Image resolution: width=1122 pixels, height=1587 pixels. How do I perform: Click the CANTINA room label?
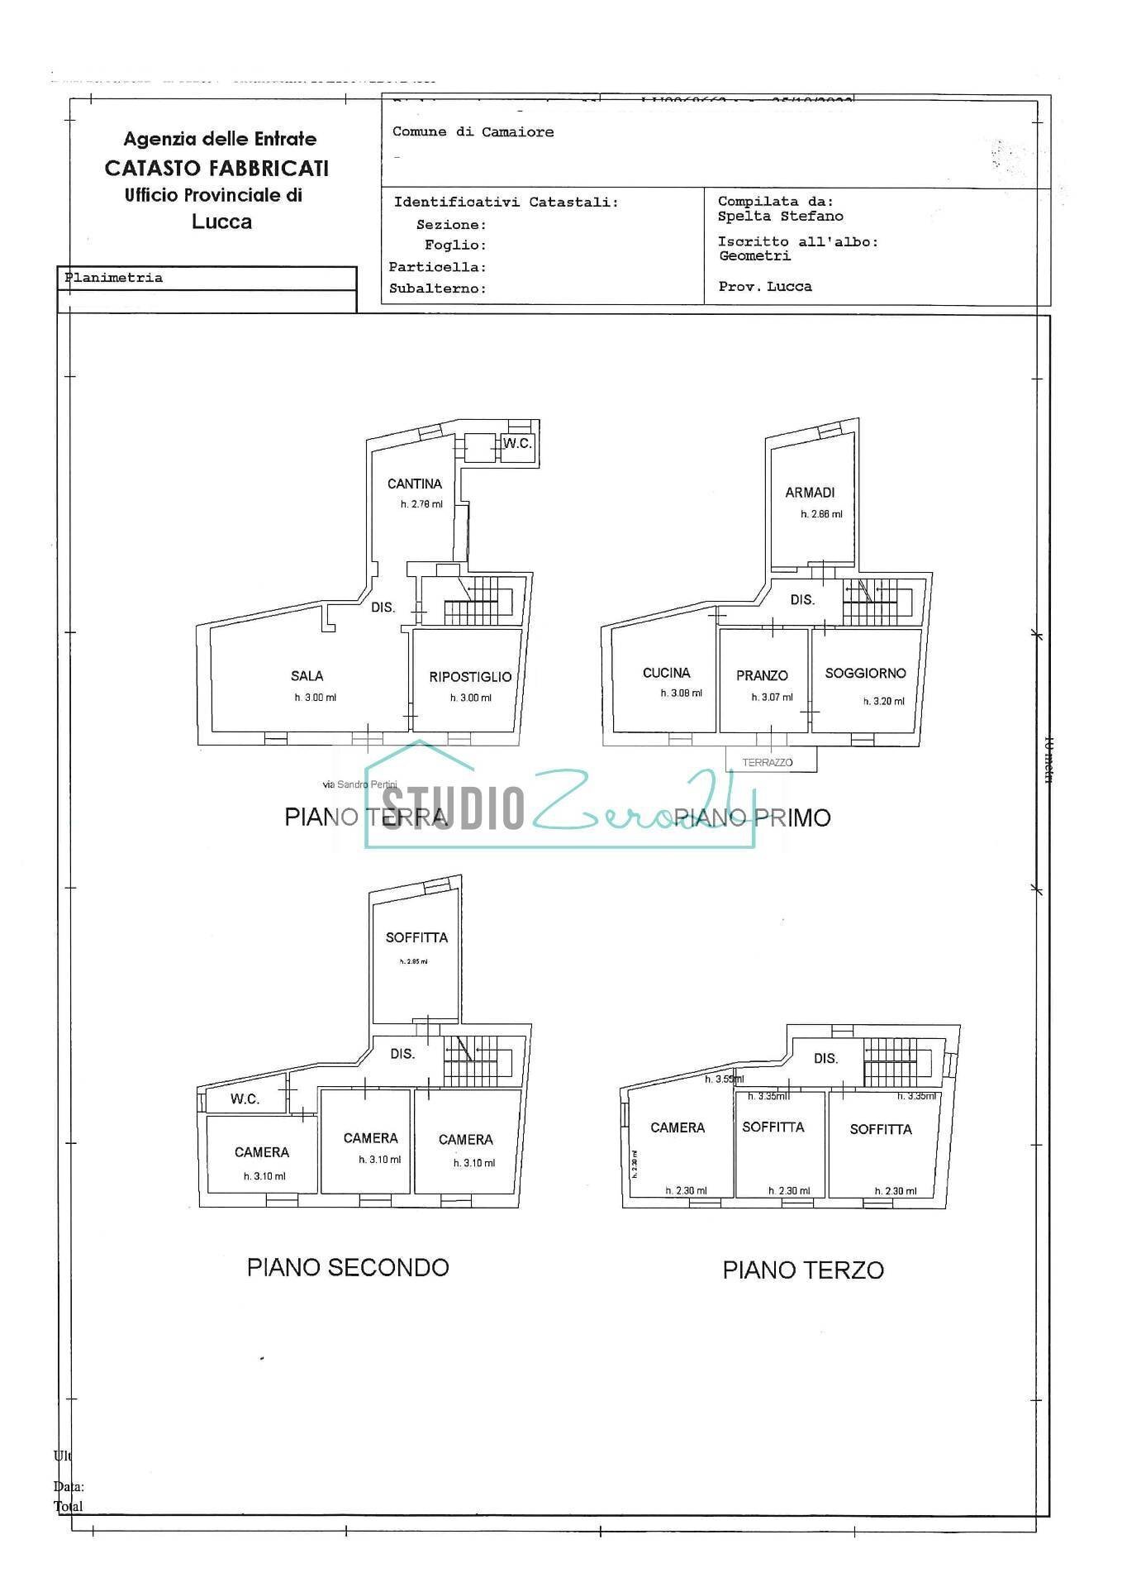pyautogui.click(x=415, y=484)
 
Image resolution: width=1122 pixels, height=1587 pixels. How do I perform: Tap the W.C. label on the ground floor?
pyautogui.click(x=517, y=444)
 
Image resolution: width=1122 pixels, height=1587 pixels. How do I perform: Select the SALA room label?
pyautogui.click(x=307, y=676)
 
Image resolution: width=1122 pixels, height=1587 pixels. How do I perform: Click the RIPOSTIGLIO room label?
pyautogui.click(x=470, y=677)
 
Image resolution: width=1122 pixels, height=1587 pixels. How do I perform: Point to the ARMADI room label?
pyautogui.click(x=810, y=493)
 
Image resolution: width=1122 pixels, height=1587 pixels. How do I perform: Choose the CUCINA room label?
pyautogui.click(x=666, y=673)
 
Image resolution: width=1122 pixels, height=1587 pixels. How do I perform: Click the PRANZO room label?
pyautogui.click(x=762, y=676)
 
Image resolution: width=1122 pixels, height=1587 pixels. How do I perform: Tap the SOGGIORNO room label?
pyautogui.click(x=865, y=674)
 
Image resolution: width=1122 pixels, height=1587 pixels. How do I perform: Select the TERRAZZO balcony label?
pyautogui.click(x=767, y=762)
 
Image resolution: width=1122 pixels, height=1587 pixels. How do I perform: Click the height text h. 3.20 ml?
pyautogui.click(x=883, y=701)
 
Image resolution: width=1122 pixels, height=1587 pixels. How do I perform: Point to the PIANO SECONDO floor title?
pyautogui.click(x=348, y=1267)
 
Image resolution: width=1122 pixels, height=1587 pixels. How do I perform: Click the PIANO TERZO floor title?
pyautogui.click(x=803, y=1270)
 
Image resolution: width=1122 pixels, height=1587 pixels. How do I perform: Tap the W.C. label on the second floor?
pyautogui.click(x=245, y=1099)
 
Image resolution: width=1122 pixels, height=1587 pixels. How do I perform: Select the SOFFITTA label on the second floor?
pyautogui.click(x=416, y=938)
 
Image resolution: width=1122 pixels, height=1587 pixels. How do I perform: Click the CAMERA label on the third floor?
pyautogui.click(x=677, y=1127)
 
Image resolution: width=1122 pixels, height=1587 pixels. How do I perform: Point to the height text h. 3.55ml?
pyautogui.click(x=724, y=1079)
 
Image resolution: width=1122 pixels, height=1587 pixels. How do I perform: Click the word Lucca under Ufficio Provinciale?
pyautogui.click(x=221, y=222)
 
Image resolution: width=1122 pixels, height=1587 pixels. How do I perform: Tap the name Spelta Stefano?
pyautogui.click(x=780, y=217)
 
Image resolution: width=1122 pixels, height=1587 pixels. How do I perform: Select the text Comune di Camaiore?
pyautogui.click(x=473, y=132)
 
